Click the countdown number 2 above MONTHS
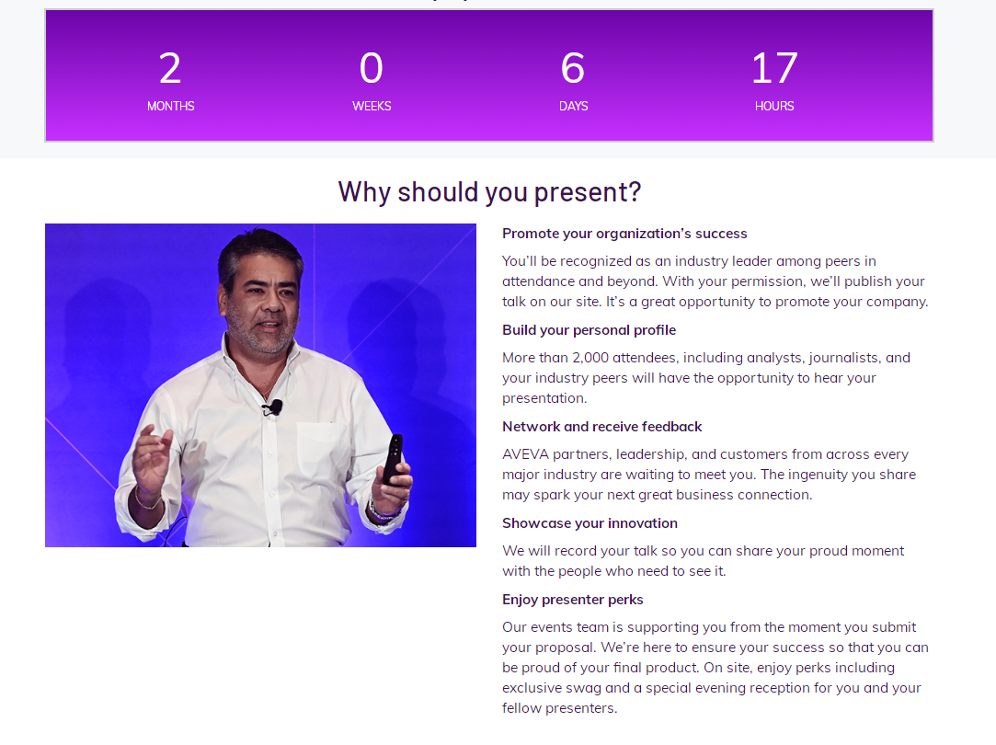170,68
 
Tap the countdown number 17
774,68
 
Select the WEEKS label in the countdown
372,106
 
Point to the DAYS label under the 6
573,106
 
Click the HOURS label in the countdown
774,106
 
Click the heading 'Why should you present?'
489,192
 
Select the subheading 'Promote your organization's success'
624,234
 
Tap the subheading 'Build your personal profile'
589,330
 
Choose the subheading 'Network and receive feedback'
601,427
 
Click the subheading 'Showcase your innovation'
590,523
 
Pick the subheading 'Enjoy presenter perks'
572,600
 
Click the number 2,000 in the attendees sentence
590,358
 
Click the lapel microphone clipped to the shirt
273,407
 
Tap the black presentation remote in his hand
393,459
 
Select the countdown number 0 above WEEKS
372,68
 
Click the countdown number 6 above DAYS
573,68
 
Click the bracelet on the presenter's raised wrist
148,501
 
